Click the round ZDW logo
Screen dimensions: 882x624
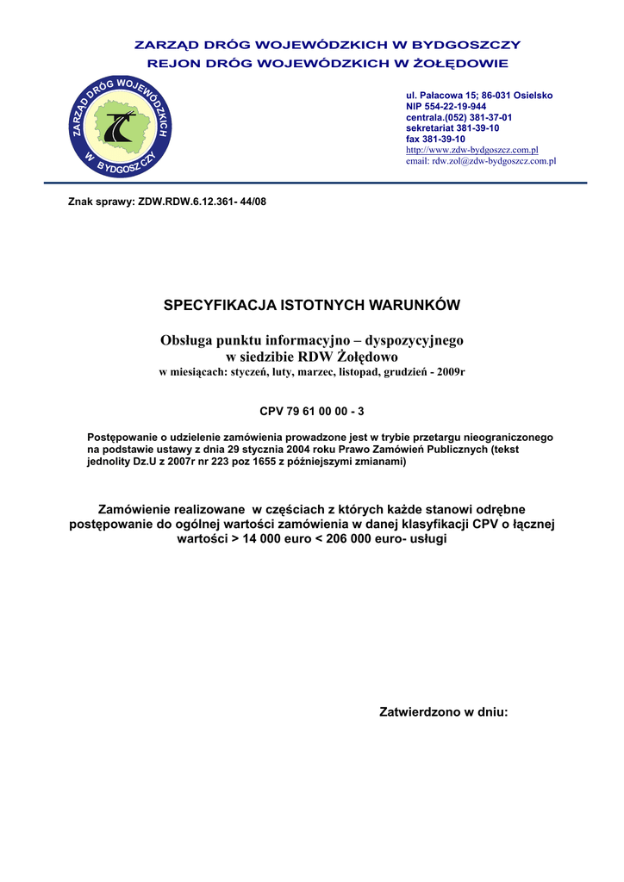click(x=120, y=126)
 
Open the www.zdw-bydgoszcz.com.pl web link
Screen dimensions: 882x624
click(x=471, y=150)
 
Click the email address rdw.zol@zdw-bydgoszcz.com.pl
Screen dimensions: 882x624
click(x=480, y=161)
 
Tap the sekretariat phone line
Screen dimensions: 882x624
click(x=452, y=127)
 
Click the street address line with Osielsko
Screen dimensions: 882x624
click(x=479, y=95)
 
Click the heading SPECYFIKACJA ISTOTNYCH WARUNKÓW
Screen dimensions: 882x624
click(x=312, y=306)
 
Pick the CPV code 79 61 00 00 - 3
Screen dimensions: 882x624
click(x=312, y=412)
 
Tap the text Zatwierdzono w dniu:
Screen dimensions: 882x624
click(x=444, y=712)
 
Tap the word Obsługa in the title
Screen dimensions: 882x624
click(x=184, y=340)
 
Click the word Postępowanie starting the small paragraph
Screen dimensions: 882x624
click(x=122, y=438)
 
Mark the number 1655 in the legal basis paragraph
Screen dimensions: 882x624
click(x=285, y=462)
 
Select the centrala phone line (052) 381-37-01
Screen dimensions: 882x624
click(x=459, y=117)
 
